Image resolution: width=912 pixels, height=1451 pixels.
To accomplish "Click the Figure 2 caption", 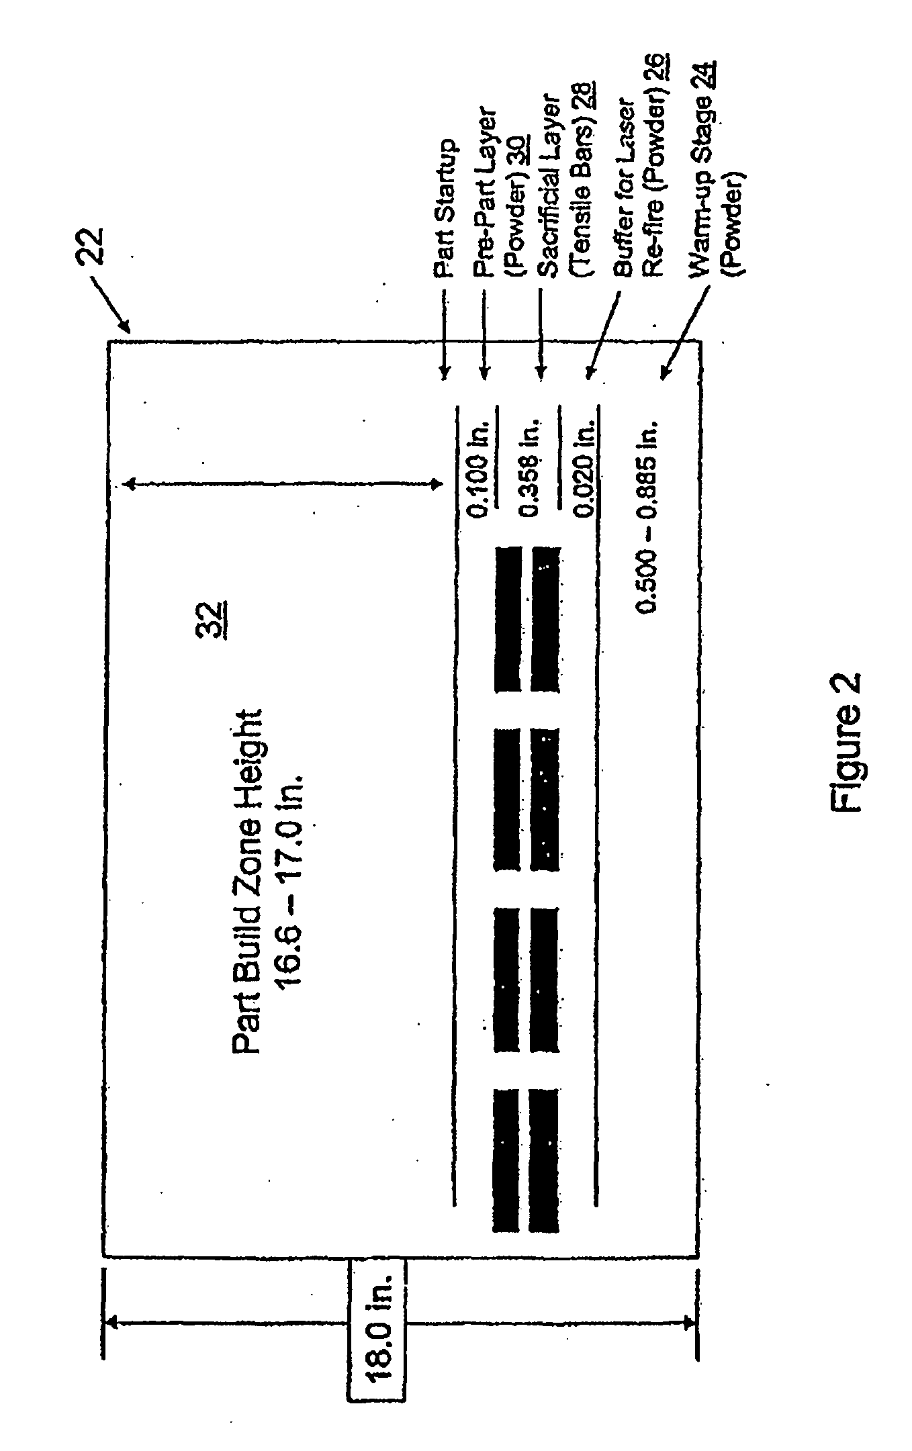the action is [x=847, y=743].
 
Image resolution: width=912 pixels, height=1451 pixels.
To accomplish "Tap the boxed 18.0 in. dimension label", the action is [x=376, y=1322].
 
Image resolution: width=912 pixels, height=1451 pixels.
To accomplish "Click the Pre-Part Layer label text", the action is [x=483, y=193].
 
